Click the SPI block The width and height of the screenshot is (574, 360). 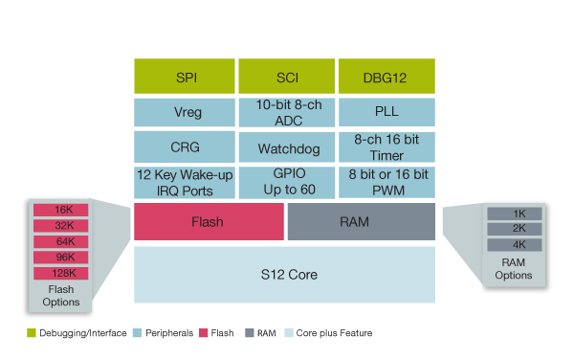point(184,75)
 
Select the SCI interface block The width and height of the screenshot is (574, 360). point(285,75)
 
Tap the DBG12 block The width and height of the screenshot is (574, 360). point(386,75)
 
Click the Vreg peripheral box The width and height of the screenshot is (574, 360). point(184,112)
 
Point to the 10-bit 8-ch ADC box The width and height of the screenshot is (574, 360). point(285,112)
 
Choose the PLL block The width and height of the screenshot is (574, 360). point(386,112)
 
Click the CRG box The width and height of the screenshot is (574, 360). point(184,147)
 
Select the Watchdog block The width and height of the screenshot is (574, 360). point(285,147)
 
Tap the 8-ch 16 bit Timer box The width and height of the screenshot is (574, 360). point(386,147)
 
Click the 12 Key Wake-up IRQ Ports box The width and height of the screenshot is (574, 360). point(184,182)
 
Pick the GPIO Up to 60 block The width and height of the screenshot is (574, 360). point(285,182)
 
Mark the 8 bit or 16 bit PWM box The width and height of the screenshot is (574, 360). point(386,182)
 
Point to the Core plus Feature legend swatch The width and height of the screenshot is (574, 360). point(286,333)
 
